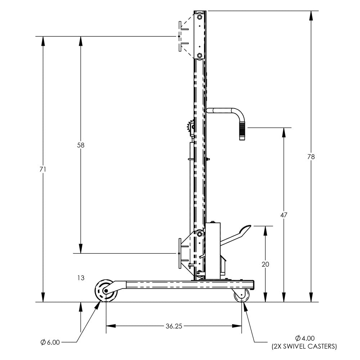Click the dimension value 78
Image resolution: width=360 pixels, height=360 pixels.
click(311, 157)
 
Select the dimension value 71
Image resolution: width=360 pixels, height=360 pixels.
click(43, 169)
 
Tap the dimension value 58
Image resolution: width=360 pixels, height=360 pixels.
click(80, 145)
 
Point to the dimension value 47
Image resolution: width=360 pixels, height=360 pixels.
click(284, 215)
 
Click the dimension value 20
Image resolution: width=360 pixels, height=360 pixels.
click(265, 264)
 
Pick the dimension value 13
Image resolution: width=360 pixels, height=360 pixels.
click(80, 278)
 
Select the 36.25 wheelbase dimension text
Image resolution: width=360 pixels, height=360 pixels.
click(174, 326)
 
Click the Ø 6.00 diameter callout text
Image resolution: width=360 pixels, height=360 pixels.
click(50, 342)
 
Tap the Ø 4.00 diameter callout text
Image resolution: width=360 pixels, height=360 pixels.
click(305, 338)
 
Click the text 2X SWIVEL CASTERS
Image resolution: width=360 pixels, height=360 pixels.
click(304, 347)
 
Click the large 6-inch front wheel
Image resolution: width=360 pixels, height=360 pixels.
click(106, 290)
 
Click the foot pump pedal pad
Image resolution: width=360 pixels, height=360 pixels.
click(246, 229)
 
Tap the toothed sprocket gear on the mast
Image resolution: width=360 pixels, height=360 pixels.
click(190, 128)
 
